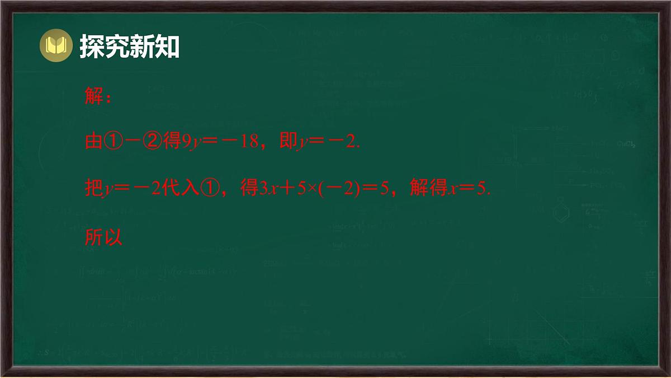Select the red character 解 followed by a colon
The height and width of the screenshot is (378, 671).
(93, 96)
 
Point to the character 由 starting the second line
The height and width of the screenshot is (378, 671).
(93, 142)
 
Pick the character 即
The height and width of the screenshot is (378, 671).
(287, 142)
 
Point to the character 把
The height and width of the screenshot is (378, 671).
(93, 189)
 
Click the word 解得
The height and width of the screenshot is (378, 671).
(429, 189)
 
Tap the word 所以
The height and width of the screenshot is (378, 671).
(103, 237)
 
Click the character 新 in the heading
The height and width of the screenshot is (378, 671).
(143, 46)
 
